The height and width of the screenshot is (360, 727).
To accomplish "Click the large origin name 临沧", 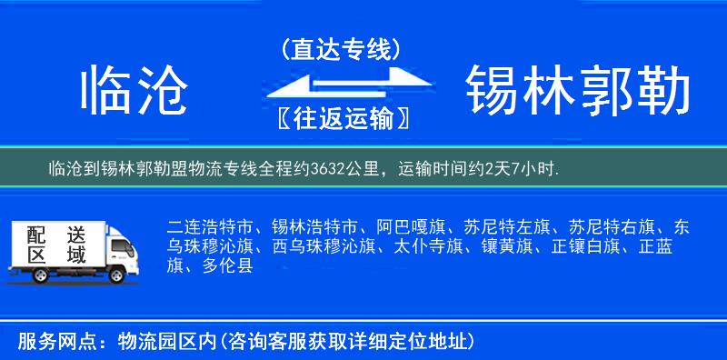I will point(134,93).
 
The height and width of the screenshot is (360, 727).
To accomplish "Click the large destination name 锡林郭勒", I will point(578,93).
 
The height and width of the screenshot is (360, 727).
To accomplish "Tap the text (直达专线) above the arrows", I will point(340,50).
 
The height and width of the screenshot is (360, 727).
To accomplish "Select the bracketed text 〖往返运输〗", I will point(340,119).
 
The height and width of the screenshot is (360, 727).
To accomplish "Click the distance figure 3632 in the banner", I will point(324,169).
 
